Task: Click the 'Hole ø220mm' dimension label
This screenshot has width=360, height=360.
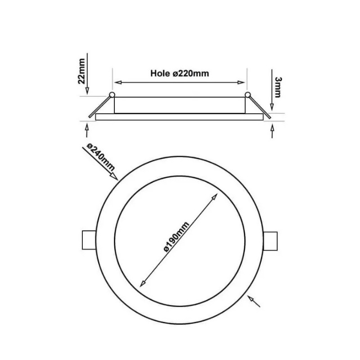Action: pos(179,74)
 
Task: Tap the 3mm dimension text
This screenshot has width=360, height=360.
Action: pos(278,85)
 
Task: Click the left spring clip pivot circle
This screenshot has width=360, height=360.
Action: pos(112,94)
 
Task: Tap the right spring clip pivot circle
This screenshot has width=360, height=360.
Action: pos(247,94)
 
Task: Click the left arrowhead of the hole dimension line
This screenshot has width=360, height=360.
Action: pos(118,82)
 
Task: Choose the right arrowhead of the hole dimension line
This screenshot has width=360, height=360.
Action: pos(242,82)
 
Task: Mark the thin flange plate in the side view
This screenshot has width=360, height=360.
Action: pos(179,116)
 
